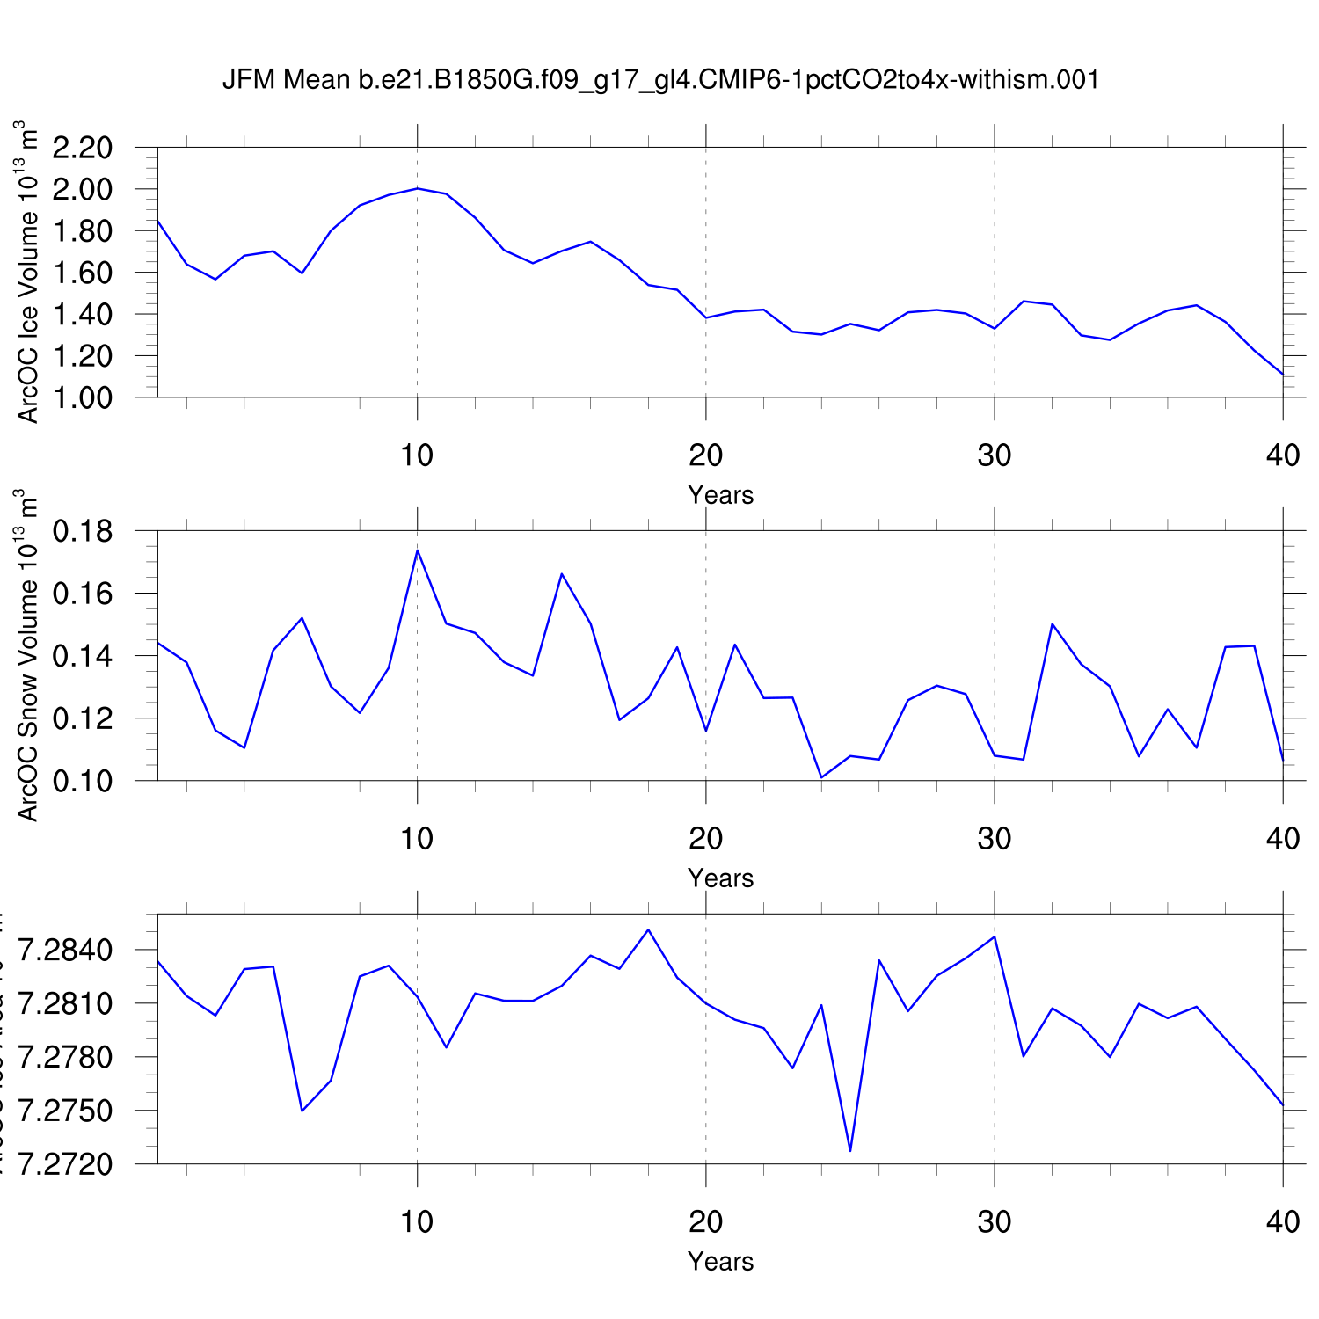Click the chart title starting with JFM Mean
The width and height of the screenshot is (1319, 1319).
660,80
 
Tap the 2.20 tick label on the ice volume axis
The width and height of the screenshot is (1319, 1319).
83,148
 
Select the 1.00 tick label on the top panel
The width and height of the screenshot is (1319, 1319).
83,397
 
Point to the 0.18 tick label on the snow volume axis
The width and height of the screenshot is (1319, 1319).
83,531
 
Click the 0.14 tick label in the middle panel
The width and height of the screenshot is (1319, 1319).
83,656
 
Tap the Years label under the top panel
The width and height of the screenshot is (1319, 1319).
720,495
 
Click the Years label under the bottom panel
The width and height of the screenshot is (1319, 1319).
720,1262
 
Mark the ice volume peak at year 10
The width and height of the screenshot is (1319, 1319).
417,188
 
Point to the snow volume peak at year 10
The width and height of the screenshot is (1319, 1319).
417,550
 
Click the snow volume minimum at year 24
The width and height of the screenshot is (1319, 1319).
821,777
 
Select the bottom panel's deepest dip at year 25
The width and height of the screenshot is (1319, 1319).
850,1150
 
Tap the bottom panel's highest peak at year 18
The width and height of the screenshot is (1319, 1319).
648,929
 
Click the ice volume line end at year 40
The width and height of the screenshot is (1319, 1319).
1283,375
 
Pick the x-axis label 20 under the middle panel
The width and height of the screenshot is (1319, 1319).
705,839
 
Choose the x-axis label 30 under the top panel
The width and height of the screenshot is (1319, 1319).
995,455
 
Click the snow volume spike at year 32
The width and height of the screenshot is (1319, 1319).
1053,624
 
